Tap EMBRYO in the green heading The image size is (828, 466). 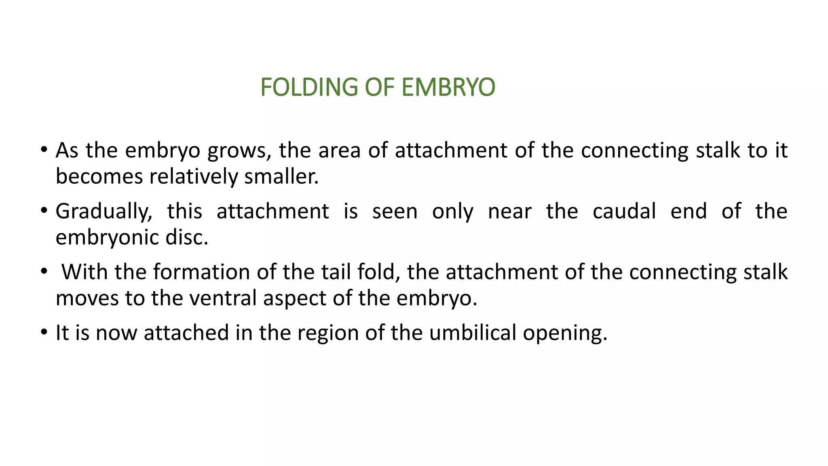448,87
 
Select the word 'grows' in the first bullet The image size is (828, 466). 237,150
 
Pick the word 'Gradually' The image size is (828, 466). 103,212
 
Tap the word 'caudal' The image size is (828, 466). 624,211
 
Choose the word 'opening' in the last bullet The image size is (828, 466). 565,333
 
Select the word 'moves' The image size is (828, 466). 87,298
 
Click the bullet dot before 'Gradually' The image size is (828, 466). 44,211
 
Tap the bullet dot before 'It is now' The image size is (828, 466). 44,332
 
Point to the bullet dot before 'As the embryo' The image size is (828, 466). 44,150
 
